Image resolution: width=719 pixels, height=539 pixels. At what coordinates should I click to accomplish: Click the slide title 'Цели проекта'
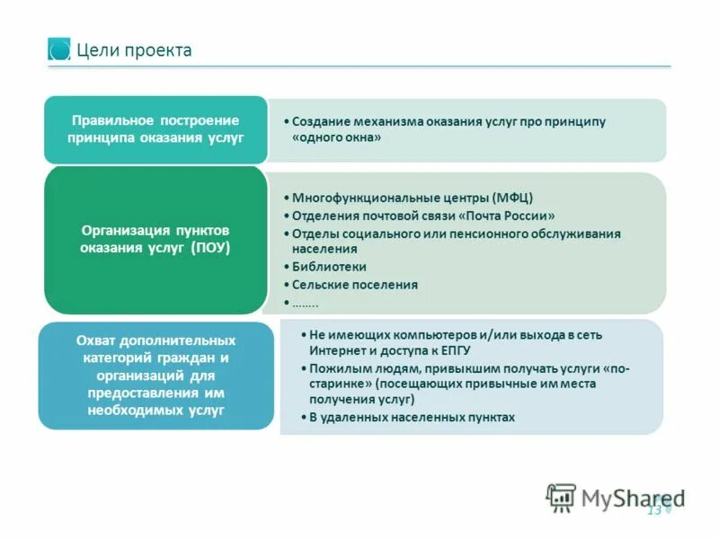click(134, 50)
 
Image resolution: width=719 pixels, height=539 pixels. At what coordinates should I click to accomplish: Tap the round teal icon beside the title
click(59, 49)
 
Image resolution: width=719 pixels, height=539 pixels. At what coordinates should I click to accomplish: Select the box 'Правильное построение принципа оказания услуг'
click(155, 128)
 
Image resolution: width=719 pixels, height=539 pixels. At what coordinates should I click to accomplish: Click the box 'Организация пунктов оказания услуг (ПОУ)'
click(155, 239)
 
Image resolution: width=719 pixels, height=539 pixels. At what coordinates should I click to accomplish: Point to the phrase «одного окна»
click(337, 138)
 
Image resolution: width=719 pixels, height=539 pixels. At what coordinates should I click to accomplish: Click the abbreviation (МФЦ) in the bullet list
click(513, 199)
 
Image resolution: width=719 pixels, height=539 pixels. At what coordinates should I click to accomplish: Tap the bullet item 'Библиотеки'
click(329, 267)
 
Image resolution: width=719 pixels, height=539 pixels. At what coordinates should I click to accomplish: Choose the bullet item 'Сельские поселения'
click(355, 285)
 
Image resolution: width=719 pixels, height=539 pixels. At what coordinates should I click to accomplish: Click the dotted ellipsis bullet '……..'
click(306, 301)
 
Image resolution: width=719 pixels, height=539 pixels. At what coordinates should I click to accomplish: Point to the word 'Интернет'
click(334, 350)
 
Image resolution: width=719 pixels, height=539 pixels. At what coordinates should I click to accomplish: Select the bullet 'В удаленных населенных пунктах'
click(412, 418)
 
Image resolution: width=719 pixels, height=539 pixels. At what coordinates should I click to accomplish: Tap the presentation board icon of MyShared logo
click(561, 497)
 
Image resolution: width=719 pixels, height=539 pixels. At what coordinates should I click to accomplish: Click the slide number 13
click(653, 510)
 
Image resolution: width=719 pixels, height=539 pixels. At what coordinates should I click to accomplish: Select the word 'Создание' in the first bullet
click(321, 121)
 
